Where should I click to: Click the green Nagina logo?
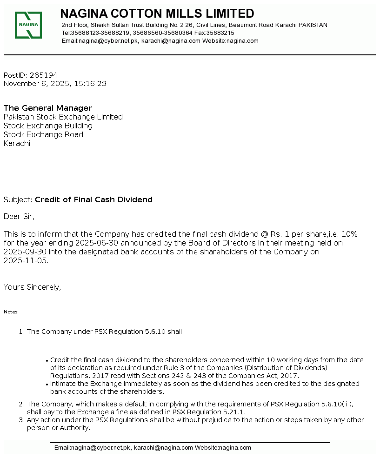pos(28,25)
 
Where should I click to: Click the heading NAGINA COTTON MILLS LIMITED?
pos(157,13)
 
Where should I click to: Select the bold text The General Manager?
pos(48,108)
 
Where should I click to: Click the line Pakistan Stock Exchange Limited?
pos(63,117)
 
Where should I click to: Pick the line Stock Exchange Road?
pos(44,135)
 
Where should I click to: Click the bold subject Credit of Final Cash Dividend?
pos(93,200)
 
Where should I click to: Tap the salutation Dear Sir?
pos(19,216)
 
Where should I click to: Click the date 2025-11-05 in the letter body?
pos(26,261)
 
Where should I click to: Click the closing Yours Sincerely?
pos(33,287)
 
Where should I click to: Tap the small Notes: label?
pos(11,312)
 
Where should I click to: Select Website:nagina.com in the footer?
pos(223,448)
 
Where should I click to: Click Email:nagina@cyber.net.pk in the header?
pos(100,41)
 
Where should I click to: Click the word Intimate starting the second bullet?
pos(65,384)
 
